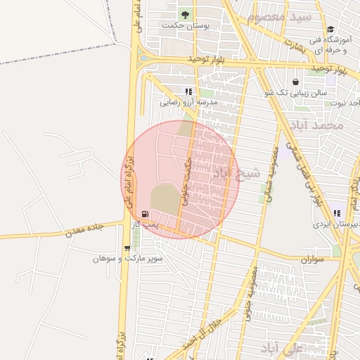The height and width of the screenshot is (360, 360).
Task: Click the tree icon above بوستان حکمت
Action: click(185, 13)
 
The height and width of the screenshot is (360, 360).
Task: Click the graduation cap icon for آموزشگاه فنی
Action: click(330, 29)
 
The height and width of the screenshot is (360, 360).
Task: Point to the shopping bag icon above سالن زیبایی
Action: click(295, 82)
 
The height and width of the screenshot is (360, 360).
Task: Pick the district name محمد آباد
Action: click(320, 125)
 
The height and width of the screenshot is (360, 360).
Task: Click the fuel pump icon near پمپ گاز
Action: click(146, 214)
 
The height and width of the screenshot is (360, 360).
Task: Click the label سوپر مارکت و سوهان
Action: click(128, 259)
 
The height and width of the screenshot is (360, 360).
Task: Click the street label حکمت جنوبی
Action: click(186, 180)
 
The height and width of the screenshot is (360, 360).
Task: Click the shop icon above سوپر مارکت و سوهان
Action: click(127, 247)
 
